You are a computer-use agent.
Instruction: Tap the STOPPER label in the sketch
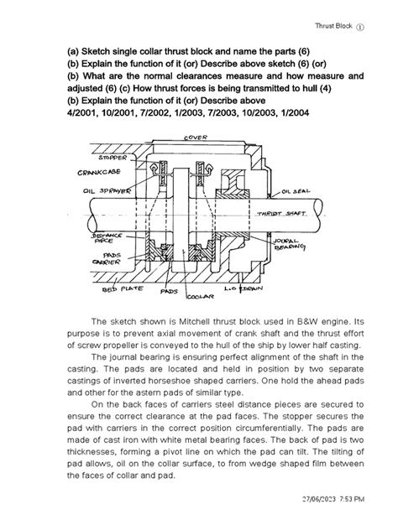(113, 157)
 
